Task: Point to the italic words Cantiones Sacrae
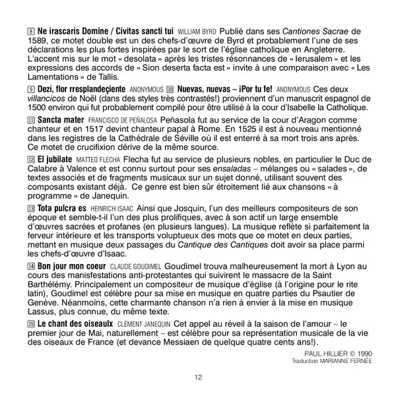(315, 31)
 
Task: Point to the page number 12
(198, 377)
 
